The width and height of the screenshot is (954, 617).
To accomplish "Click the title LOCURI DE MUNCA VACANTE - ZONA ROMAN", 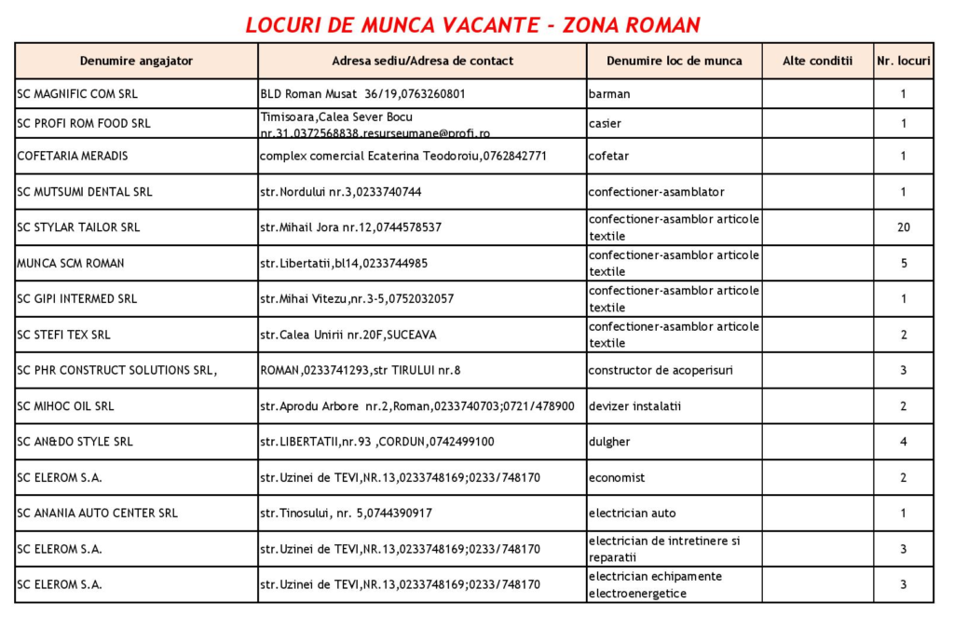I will [472, 24].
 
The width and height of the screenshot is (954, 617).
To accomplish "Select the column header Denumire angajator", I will [136, 62].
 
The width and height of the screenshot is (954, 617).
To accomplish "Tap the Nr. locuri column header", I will [903, 62].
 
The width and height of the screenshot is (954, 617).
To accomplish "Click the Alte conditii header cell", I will [817, 62].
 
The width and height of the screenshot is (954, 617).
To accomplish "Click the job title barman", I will [609, 94].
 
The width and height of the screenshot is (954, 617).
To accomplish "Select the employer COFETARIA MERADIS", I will [73, 156].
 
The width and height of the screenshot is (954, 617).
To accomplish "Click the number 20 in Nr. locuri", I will [903, 227].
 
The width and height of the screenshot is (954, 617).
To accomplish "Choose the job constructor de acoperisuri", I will [661, 370].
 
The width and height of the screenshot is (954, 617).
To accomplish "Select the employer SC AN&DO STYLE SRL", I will [75, 442].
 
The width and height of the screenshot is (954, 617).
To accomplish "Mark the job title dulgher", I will [609, 442].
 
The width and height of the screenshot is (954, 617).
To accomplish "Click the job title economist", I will [617, 478].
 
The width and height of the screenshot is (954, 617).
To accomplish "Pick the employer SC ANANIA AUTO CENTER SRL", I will [97, 514].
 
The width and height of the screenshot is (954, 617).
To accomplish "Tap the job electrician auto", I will [632, 514].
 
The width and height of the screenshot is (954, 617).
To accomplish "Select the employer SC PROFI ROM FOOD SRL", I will [83, 124].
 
